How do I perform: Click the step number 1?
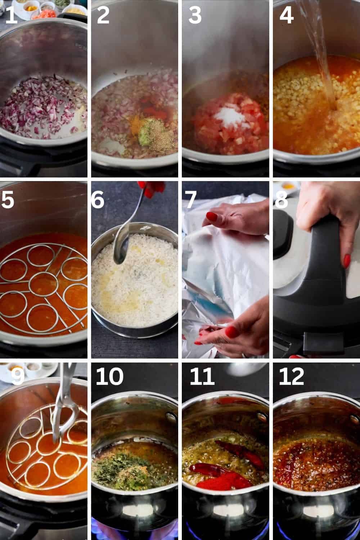pos(11,15)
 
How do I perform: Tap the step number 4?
pos(286,15)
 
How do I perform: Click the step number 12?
pos(291,377)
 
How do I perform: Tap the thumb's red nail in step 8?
pos(347,261)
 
